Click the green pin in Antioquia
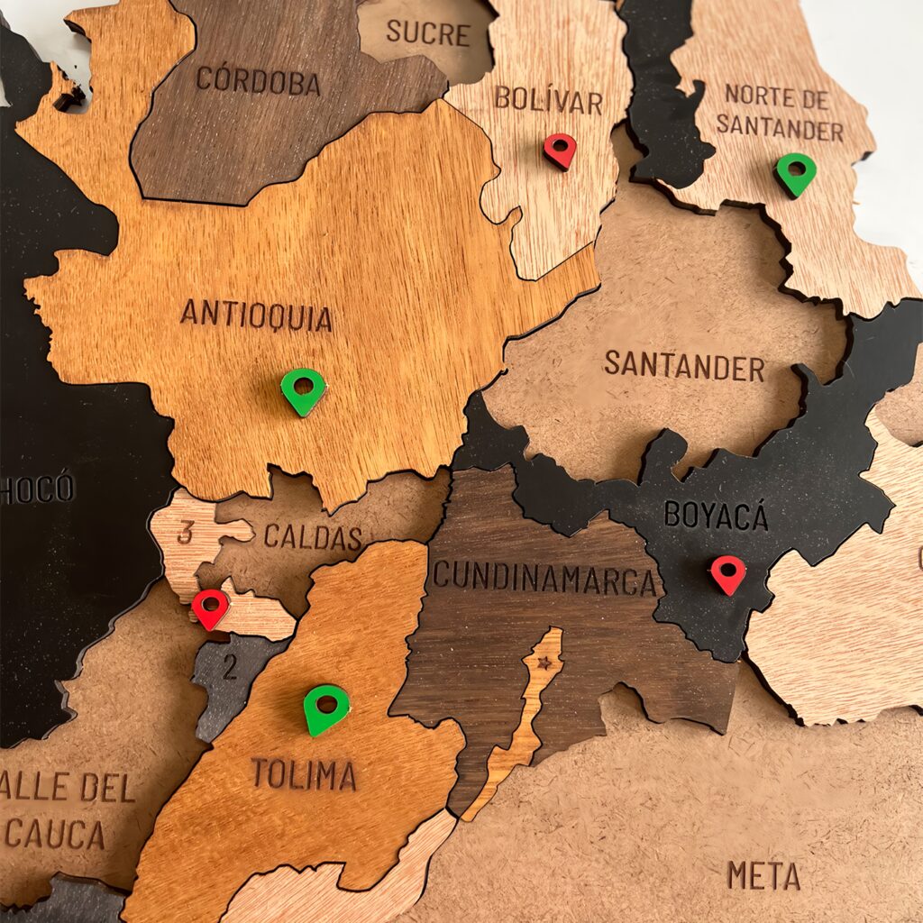tap(303, 390)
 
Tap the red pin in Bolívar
tap(560, 150)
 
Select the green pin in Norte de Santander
tap(796, 173)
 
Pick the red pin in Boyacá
tap(728, 574)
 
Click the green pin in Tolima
tap(325, 708)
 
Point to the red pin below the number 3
tap(210, 608)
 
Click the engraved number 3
tap(186, 533)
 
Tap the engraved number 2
tap(230, 668)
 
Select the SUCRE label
tap(428, 33)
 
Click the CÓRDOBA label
tap(258, 81)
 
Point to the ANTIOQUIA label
tap(256, 315)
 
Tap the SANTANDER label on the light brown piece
tap(684, 366)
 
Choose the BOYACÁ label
tap(716, 516)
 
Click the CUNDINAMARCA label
tap(544, 578)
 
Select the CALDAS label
tap(312, 537)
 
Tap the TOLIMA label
tap(303, 774)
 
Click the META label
tap(763, 874)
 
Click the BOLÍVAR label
tap(548, 99)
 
